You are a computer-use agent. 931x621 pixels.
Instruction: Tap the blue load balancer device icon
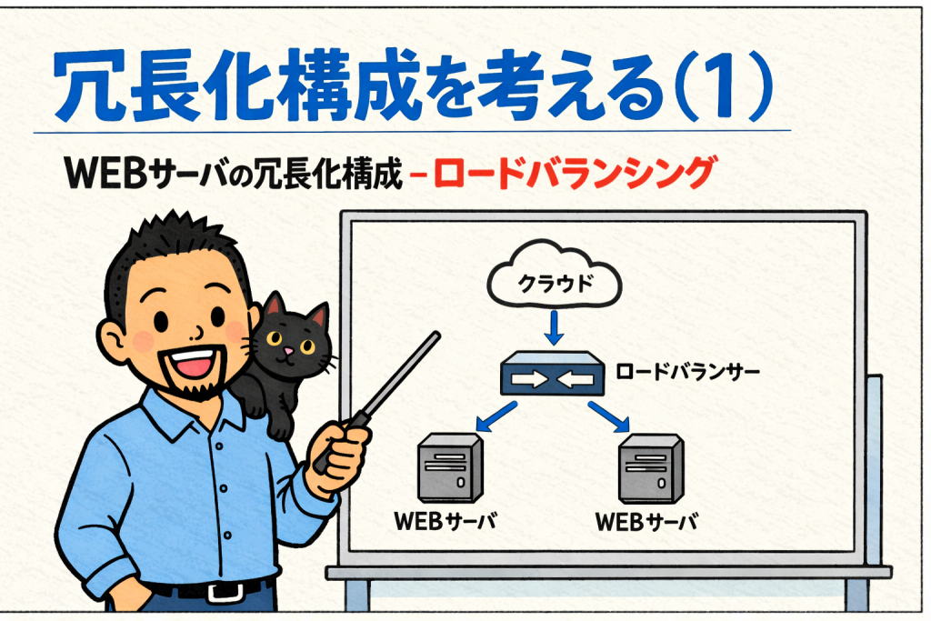tap(552, 374)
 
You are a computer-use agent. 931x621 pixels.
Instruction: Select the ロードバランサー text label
tap(687, 372)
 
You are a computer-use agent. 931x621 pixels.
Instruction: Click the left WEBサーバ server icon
tap(450, 467)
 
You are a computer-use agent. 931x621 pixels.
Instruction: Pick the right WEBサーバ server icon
tap(651, 468)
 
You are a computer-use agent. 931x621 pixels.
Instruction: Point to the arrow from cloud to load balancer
tap(554, 327)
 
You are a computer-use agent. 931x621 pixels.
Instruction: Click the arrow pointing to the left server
tap(496, 416)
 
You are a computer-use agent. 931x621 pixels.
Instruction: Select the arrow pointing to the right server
tap(608, 416)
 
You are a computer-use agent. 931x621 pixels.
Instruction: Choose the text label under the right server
tap(646, 522)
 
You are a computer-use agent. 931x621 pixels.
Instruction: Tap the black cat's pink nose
tap(288, 351)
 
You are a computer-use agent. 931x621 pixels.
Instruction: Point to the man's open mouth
tap(191, 362)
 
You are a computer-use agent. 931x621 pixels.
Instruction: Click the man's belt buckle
tap(225, 591)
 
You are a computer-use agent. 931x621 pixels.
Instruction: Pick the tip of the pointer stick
tap(436, 335)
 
